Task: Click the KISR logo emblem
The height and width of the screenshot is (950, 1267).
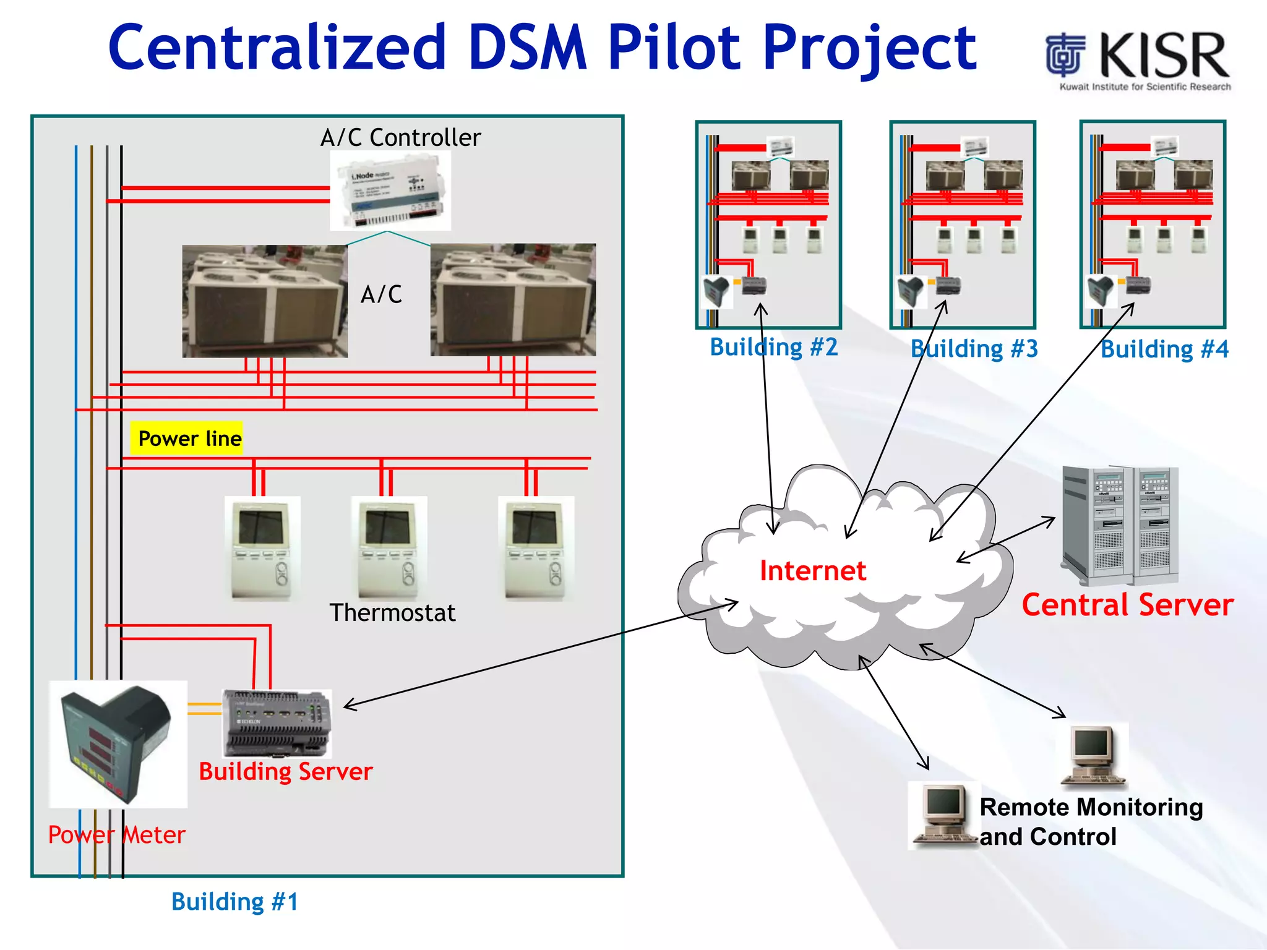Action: coord(1065,55)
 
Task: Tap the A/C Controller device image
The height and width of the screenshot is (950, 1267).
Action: coord(390,191)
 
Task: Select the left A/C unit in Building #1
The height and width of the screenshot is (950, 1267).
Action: coord(265,301)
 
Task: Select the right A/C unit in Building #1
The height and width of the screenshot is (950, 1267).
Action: coord(513,300)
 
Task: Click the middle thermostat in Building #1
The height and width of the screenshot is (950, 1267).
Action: coord(389,548)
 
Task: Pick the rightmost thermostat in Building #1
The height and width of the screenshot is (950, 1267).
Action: coord(536,548)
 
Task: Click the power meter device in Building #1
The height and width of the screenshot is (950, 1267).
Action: coord(118,744)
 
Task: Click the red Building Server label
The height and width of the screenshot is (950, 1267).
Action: coord(285,771)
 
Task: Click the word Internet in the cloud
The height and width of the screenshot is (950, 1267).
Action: coord(812,570)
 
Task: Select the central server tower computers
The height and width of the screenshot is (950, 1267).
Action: coord(1120,526)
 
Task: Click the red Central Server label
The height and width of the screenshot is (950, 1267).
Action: coord(1127,605)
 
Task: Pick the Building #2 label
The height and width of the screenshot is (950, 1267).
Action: coord(773,347)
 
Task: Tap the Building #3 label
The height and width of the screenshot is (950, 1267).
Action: coord(974,349)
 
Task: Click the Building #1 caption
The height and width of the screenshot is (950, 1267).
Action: coord(234,901)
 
